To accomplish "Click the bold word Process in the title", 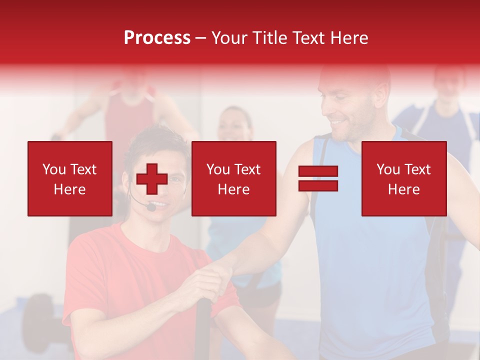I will pos(157,38).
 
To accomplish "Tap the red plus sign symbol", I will pos(152,179).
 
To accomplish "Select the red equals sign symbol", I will pos(318,178).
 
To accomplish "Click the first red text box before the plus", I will pos(70,178).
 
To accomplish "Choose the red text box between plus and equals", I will pos(233,178).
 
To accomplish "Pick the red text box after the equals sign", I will pos(403,178).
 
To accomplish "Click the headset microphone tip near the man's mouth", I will pos(151,206).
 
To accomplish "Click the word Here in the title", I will pos(348,38).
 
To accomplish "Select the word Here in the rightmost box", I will pos(403,189).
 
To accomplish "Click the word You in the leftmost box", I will pos(53,169).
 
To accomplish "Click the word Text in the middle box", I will pos(247,169).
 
